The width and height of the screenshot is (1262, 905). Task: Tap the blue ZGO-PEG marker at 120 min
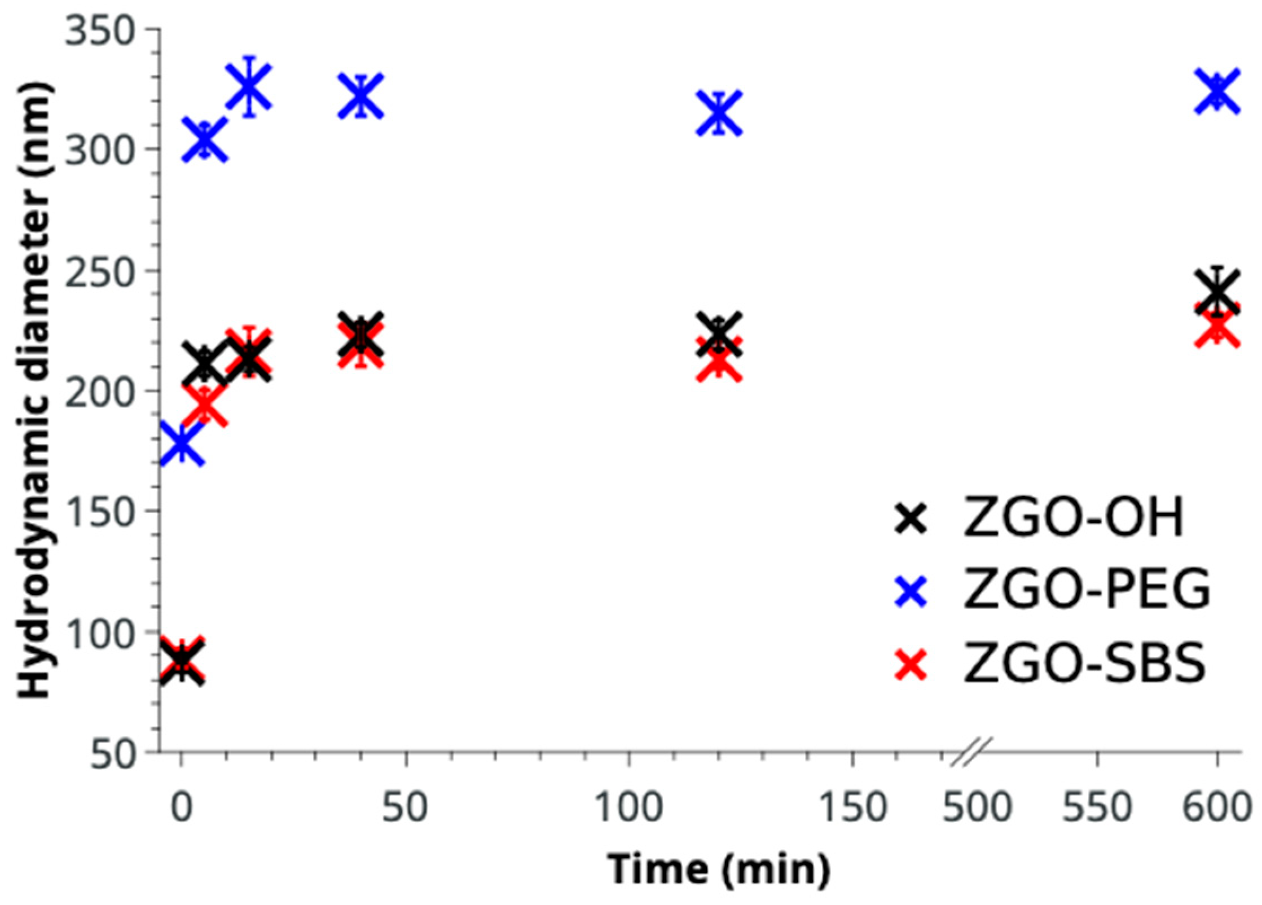click(x=718, y=113)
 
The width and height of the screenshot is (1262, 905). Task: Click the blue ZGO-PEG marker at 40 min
click(x=360, y=96)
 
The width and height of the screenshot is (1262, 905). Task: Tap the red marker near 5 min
click(x=205, y=405)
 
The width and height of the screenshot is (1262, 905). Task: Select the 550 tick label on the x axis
click(x=1097, y=808)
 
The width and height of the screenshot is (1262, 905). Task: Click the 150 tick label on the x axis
click(x=852, y=808)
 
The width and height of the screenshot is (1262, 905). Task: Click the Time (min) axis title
click(x=718, y=869)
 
